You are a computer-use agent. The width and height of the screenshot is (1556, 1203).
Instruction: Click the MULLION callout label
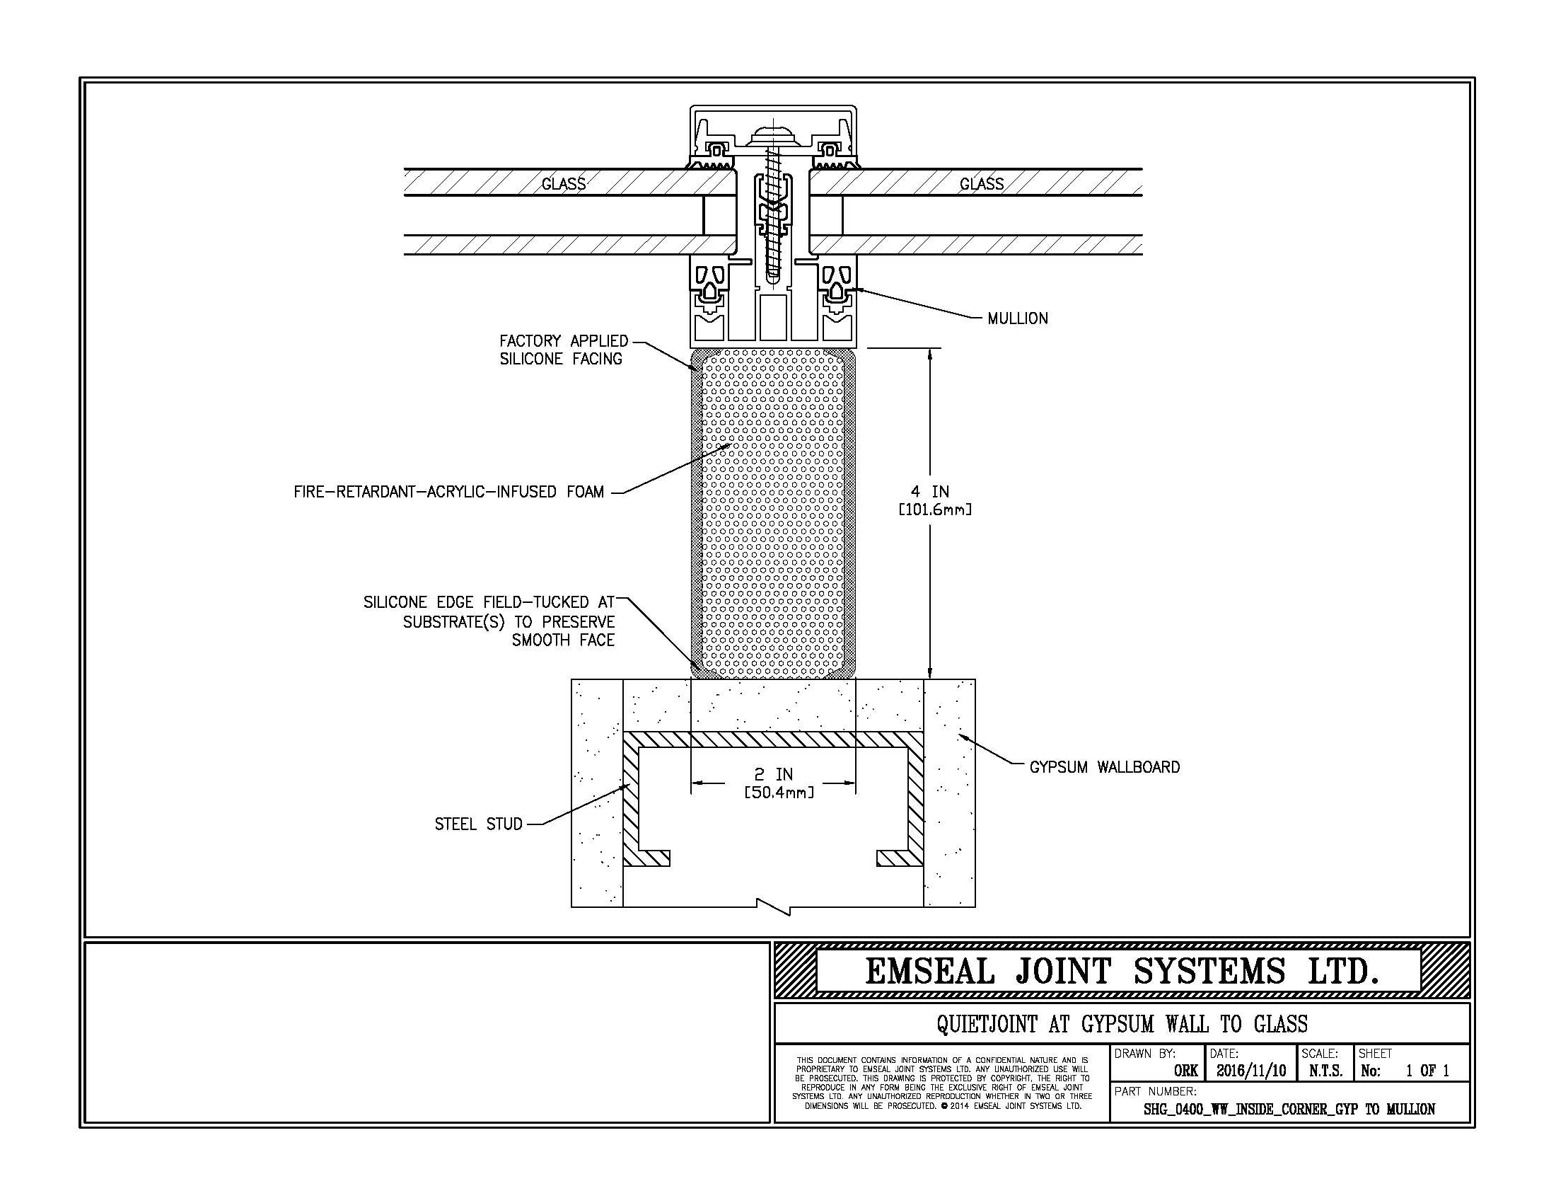point(1017,318)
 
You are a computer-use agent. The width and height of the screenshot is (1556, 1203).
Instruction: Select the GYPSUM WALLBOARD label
point(1104,767)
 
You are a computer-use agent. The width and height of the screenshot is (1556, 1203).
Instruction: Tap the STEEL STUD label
point(479,824)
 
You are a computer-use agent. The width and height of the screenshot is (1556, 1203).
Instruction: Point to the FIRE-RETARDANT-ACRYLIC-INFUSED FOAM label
point(449,492)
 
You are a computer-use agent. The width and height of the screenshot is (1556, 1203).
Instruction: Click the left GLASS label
point(564,184)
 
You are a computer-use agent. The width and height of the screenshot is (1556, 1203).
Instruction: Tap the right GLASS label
point(982,184)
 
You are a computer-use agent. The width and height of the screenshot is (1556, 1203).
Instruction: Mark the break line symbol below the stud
point(774,906)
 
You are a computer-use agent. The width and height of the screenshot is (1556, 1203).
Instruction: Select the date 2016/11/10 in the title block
point(1250,1071)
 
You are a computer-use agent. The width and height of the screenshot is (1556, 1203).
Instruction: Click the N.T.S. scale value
point(1325,1071)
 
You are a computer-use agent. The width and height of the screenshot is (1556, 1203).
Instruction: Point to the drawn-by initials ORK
point(1186,1071)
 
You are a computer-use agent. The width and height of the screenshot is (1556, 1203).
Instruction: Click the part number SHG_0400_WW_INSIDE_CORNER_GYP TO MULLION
point(1289,1110)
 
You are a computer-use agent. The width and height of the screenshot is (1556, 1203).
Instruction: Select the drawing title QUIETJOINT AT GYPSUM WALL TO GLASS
point(1122,1024)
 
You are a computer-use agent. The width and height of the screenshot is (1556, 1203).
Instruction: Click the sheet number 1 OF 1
point(1428,1071)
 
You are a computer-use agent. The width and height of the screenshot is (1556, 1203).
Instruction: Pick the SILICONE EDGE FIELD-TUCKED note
point(489,621)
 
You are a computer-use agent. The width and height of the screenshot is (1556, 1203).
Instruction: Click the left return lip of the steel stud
point(647,858)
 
